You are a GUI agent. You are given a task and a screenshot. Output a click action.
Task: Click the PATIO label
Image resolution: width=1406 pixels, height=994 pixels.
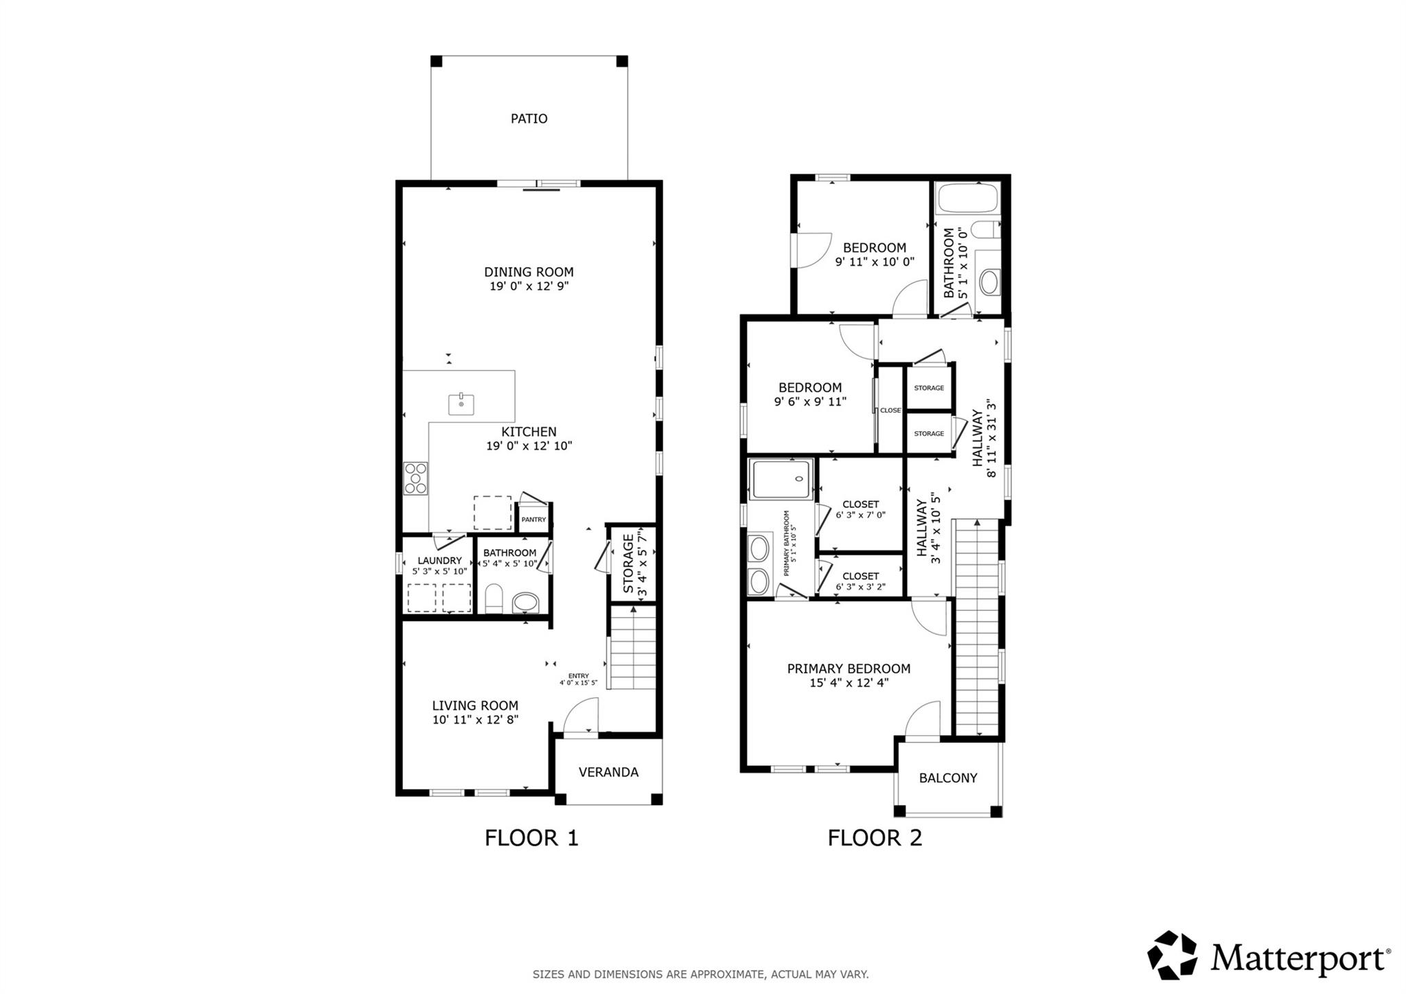coord(529,119)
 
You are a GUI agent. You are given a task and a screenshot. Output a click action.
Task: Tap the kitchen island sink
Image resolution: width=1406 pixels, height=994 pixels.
coord(461,404)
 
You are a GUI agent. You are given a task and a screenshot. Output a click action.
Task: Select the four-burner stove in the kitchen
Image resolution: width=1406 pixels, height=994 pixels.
coord(415,478)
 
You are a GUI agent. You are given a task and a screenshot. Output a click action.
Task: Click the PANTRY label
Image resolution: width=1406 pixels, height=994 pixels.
coord(533,520)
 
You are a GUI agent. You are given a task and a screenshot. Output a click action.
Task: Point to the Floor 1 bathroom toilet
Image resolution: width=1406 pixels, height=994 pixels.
coord(494,599)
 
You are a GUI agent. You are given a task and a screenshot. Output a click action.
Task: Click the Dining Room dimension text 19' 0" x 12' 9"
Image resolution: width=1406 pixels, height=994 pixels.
coord(529,286)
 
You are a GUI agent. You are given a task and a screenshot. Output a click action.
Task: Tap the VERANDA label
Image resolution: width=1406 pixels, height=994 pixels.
coord(608,772)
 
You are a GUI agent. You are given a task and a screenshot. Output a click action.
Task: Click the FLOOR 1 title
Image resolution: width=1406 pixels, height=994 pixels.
coord(531,838)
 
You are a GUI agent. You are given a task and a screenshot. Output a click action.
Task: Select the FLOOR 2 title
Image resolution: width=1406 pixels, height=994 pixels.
coord(875,838)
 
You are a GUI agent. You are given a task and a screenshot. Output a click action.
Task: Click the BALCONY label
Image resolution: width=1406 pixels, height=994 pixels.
coord(948,778)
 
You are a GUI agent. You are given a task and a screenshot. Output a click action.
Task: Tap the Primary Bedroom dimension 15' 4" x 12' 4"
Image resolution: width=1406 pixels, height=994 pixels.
coord(849,683)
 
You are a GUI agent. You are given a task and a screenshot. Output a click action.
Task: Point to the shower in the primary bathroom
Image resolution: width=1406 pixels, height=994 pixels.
coord(781,480)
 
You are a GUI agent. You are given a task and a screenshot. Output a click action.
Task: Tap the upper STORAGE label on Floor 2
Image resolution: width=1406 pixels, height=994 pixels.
coord(929,388)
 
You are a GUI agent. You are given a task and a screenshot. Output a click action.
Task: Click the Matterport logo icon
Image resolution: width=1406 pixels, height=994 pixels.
coord(1173,955)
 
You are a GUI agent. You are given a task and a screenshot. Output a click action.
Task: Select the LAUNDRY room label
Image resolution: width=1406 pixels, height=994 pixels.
coord(439,560)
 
